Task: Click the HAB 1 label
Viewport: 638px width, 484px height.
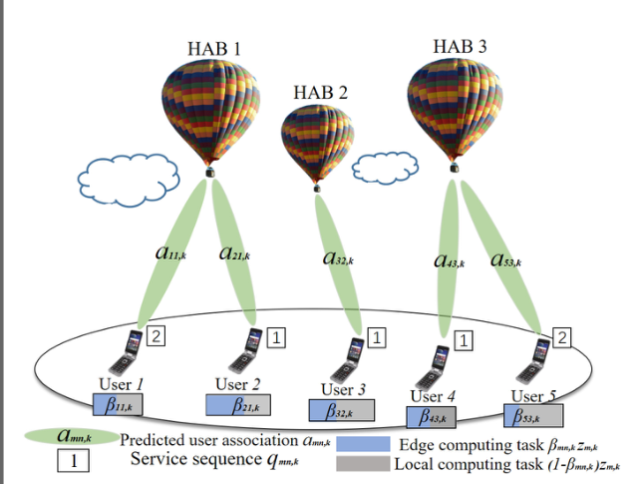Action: click(213, 48)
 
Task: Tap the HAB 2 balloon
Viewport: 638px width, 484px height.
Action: click(317, 140)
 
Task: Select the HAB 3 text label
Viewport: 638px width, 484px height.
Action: click(461, 46)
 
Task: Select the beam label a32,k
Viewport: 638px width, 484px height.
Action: click(338, 257)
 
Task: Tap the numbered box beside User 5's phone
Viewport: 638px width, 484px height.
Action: click(561, 338)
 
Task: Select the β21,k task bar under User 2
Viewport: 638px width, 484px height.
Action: click(238, 404)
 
